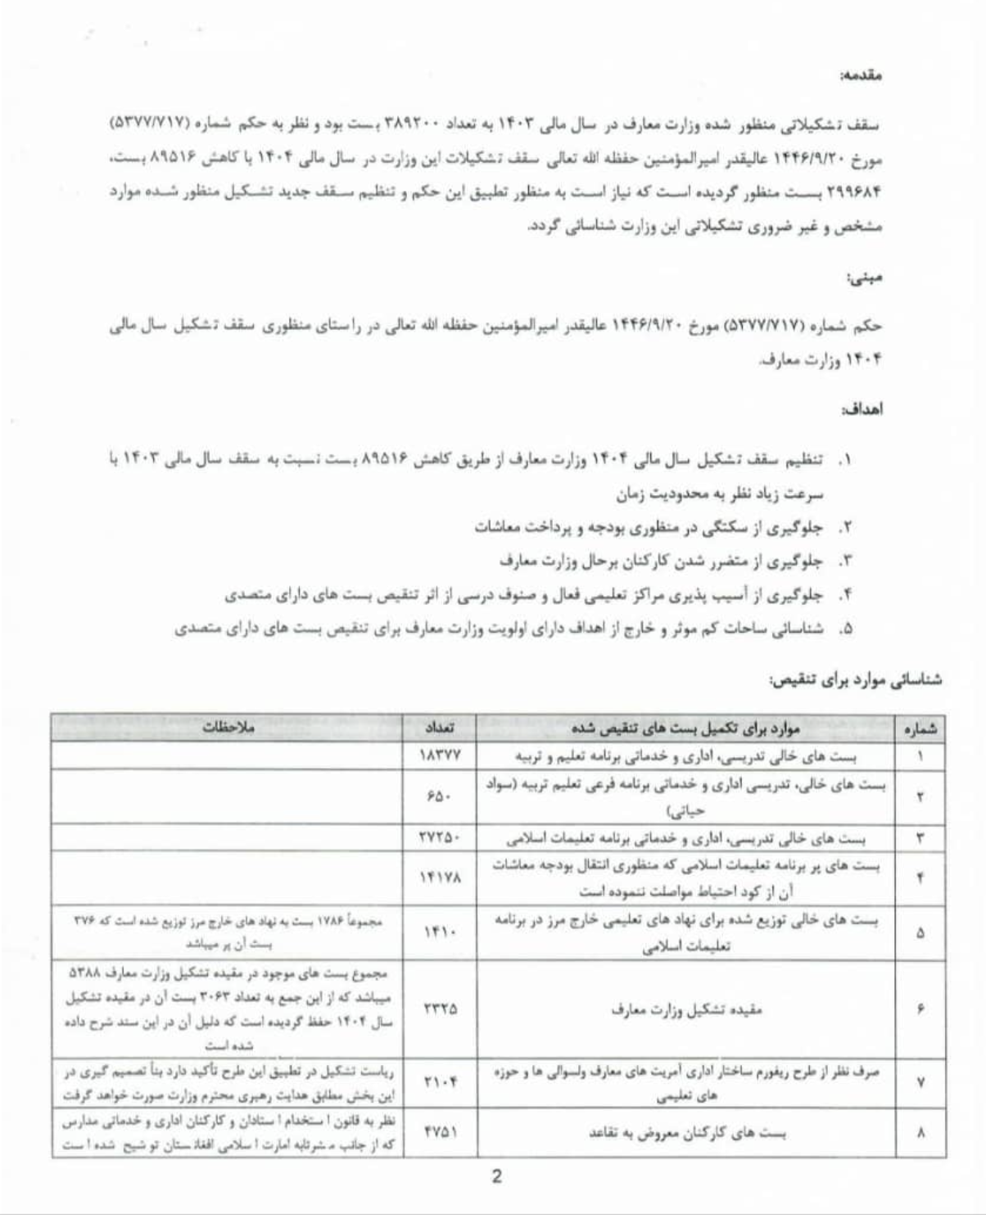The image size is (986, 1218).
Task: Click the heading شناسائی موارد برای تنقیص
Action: coord(855,680)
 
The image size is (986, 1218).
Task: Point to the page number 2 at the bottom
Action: coord(496,1178)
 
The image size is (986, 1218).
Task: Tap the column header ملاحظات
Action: coord(228,727)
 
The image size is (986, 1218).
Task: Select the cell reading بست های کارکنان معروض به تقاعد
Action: coord(688,1133)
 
